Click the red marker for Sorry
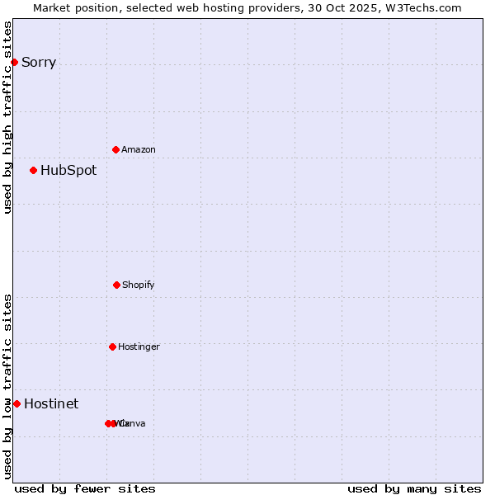[14, 62]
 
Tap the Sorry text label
[39, 63]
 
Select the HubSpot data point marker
[33, 170]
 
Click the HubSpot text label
[68, 171]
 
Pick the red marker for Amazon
[115, 149]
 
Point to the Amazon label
[139, 150]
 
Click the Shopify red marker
[116, 285]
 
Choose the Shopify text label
[139, 285]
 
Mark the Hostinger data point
[112, 346]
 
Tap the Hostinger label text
[139, 347]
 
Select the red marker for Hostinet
[16, 403]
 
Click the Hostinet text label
[51, 404]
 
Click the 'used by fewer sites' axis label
[85, 488]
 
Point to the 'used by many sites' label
[414, 488]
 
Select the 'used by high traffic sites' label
[8, 117]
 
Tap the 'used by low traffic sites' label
[8, 386]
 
